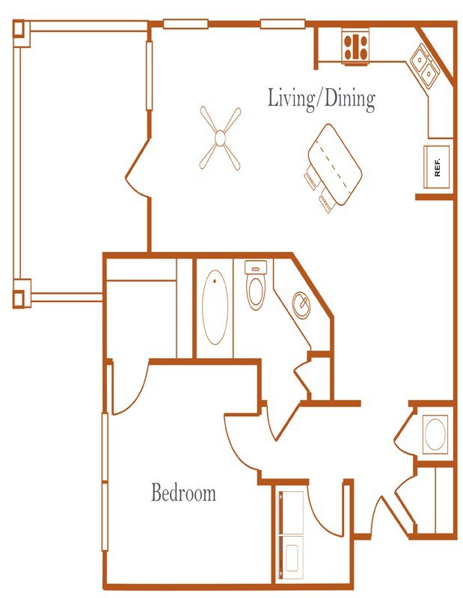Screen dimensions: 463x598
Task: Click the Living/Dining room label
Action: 321,99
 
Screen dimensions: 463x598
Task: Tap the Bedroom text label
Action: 183,493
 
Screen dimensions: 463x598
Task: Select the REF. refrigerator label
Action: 438,167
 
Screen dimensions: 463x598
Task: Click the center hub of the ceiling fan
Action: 220,138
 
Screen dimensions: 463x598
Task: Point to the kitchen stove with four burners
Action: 355,47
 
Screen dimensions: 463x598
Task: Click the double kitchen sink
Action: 424,66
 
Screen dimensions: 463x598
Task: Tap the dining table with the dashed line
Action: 335,164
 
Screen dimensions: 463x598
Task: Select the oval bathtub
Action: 215,307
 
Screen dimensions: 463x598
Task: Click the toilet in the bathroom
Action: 255,285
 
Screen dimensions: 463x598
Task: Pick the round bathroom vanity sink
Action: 301,305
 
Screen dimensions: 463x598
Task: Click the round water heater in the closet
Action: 435,434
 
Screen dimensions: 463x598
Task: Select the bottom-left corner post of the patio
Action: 22,293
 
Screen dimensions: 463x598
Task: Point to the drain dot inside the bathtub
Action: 215,281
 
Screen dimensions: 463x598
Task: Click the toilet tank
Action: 256,266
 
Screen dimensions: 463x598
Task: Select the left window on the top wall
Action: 185,24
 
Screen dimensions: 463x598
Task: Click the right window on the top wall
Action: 283,24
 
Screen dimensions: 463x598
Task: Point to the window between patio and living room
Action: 150,75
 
